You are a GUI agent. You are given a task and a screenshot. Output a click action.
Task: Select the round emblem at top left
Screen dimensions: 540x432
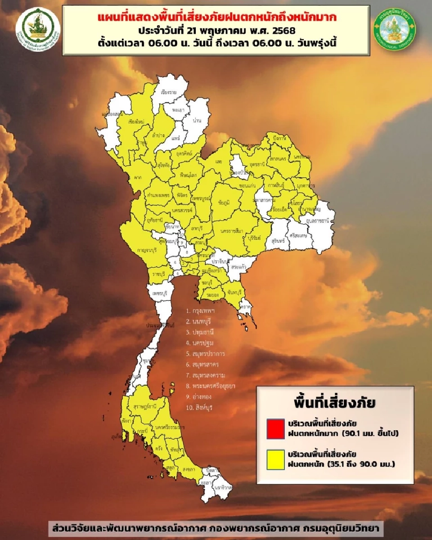[38, 30]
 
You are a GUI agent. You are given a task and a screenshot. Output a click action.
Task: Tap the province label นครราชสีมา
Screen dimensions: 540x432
[232, 231]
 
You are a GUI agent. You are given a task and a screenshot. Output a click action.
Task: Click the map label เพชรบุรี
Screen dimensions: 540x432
[160, 293]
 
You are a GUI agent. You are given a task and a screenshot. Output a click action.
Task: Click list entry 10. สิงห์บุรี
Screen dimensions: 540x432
[200, 408]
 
